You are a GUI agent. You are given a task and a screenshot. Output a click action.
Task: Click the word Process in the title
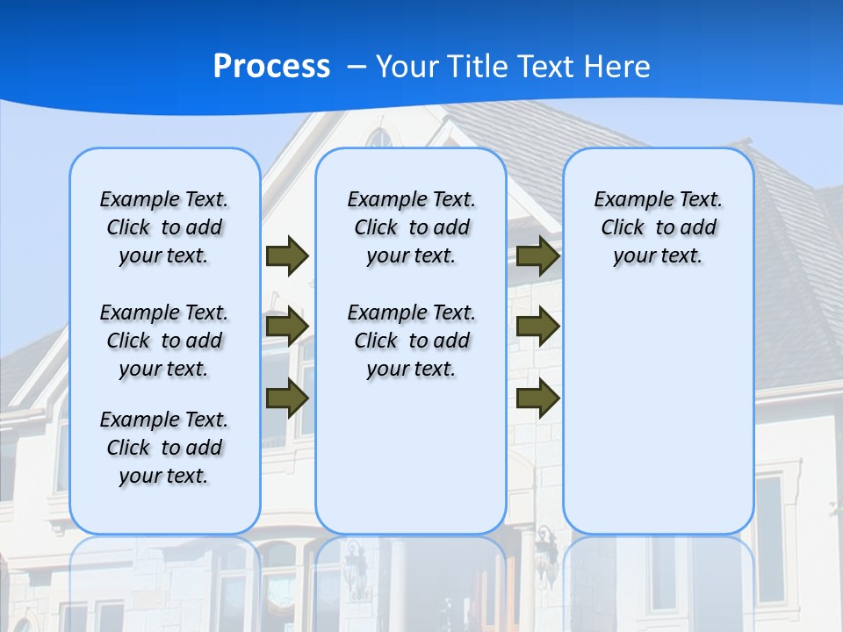tap(271, 67)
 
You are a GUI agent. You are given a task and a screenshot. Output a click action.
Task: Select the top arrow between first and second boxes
tap(287, 255)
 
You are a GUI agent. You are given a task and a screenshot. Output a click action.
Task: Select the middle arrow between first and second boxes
tap(287, 327)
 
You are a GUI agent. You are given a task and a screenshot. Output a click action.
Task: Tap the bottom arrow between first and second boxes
tap(287, 398)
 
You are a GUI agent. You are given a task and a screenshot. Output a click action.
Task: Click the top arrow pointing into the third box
tap(537, 255)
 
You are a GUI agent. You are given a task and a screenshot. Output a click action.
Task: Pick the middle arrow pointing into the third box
tap(537, 327)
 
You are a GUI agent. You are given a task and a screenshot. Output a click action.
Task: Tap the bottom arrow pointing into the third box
tap(537, 398)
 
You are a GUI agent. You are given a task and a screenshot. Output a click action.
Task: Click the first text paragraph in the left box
tap(164, 227)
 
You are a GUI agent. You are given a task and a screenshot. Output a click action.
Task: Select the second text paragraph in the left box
tap(164, 341)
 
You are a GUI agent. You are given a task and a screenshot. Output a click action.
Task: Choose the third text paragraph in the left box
tap(164, 448)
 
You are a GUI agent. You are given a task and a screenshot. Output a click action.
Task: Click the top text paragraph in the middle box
tap(411, 227)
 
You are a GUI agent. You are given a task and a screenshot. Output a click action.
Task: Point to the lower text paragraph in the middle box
tap(411, 341)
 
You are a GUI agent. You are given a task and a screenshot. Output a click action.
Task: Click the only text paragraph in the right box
tap(658, 227)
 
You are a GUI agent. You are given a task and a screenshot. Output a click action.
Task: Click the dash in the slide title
tap(357, 67)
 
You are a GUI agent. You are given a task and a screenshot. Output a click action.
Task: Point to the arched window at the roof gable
tap(379, 138)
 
